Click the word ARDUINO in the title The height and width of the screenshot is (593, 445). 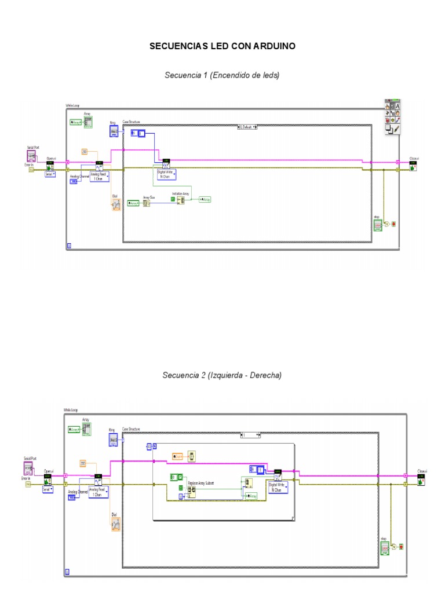click(x=272, y=46)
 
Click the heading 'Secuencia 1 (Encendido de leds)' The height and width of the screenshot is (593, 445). click(x=222, y=75)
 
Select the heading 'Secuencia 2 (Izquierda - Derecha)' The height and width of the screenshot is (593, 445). click(x=222, y=375)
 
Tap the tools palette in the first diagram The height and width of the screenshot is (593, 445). click(x=392, y=118)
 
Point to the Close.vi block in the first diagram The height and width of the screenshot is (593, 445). click(x=414, y=166)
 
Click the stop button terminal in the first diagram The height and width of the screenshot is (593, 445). click(x=377, y=225)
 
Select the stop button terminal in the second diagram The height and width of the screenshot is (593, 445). click(x=384, y=547)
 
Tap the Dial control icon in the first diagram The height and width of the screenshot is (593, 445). click(x=115, y=204)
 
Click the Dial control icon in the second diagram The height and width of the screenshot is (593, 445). click(x=115, y=524)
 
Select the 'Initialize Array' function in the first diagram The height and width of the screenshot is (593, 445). click(x=180, y=200)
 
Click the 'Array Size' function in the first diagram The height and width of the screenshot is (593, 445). click(x=147, y=203)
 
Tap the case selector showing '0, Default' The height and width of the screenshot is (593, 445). click(x=247, y=126)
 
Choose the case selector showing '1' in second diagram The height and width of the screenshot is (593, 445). click(x=251, y=434)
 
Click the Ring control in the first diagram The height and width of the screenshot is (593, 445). click(x=114, y=131)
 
